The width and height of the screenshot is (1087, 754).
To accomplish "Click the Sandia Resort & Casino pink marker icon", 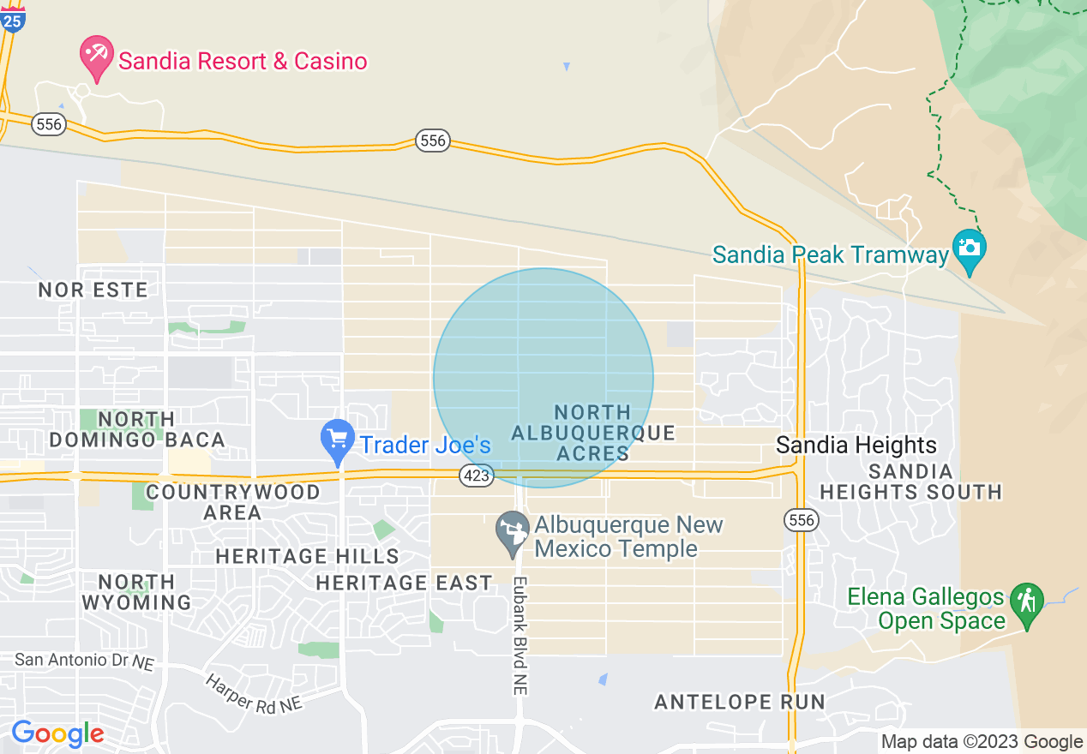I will coord(96,56).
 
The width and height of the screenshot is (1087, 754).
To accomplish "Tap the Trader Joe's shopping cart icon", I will coord(338,440).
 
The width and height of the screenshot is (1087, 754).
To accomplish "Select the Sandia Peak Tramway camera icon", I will coord(970,249).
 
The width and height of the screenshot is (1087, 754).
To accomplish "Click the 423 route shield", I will coord(476,476).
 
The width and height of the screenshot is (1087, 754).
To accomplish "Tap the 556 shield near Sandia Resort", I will coord(49,124).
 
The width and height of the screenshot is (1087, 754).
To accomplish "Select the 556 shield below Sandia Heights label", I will coord(802,520).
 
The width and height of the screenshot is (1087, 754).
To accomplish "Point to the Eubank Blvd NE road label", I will coord(520,635).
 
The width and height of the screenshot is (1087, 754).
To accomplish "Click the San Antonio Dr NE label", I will coord(85,661).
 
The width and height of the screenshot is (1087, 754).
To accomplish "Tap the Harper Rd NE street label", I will coord(254,692).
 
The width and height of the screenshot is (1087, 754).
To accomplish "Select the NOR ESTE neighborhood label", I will coord(93,290).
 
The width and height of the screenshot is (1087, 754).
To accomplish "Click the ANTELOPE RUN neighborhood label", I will coord(740,703).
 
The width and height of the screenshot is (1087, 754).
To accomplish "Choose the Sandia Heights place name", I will coord(856,446).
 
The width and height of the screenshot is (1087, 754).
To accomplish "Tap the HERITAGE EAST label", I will coord(404,583).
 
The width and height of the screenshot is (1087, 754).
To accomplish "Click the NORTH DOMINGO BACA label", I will coord(137,429).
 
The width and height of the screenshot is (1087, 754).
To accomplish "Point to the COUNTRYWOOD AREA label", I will coord(232,502).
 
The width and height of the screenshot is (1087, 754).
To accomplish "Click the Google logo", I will coord(57,734).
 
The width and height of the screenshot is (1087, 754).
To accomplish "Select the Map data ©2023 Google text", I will coord(982,742).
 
